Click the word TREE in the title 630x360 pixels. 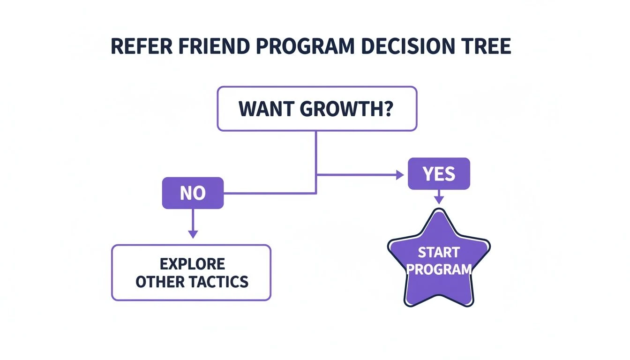(488, 48)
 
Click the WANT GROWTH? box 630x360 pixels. (317, 108)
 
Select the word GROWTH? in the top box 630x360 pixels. (346, 109)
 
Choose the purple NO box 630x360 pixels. (193, 193)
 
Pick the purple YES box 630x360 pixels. (438, 174)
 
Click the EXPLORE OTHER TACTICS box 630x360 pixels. (191, 272)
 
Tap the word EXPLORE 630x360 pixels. (192, 264)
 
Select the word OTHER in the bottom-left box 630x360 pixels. (161, 282)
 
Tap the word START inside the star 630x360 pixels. (438, 253)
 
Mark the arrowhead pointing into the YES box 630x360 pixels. (400, 175)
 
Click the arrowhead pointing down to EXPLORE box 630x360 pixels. (193, 233)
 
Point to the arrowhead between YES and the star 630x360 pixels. (438, 199)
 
